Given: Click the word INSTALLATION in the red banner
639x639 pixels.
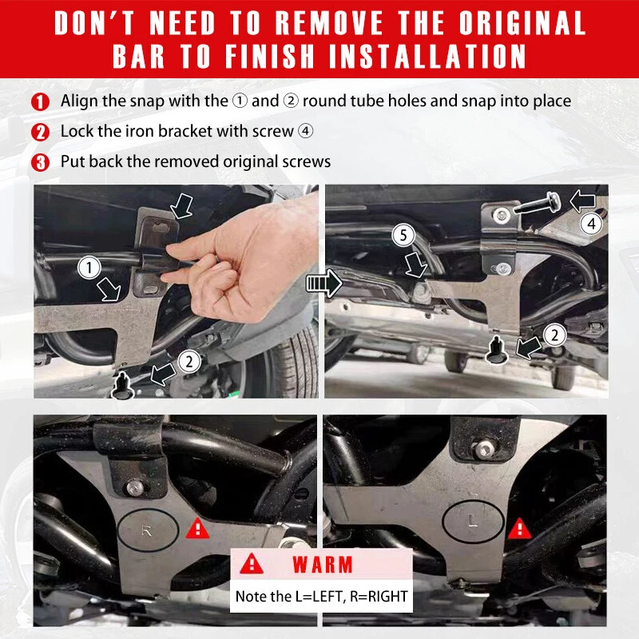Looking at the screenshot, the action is click(x=427, y=56).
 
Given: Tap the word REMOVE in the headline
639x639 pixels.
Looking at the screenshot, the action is click(x=329, y=22).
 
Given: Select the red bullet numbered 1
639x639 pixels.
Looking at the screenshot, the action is click(x=40, y=102).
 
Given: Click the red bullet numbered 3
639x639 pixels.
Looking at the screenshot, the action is click(x=40, y=162).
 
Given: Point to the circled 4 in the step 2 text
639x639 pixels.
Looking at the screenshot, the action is click(x=305, y=131).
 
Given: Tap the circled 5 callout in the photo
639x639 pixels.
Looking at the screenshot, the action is click(x=403, y=235).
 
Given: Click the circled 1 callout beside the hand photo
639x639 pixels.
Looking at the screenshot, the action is click(x=89, y=268).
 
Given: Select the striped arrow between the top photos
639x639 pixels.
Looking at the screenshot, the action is click(x=324, y=283).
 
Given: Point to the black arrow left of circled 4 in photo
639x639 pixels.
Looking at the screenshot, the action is click(x=582, y=201).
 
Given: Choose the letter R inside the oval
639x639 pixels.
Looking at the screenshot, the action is click(x=146, y=531).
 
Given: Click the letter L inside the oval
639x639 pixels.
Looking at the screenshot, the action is click(x=473, y=522).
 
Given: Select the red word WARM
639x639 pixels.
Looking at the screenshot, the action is click(x=323, y=566).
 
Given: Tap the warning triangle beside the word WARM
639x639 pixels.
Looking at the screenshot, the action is click(x=252, y=564).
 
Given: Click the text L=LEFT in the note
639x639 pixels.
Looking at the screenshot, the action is click(x=316, y=597).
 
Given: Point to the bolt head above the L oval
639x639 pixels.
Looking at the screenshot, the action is click(x=484, y=450).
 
